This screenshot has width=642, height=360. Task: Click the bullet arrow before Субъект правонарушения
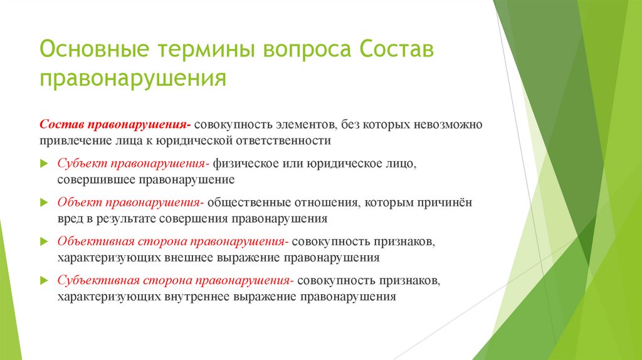click(43, 164)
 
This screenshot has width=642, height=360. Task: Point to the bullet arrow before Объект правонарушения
click(43, 203)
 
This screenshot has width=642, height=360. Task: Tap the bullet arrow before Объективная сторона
click(43, 241)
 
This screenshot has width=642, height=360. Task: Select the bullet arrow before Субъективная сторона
click(43, 280)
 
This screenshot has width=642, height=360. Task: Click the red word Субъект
click(82, 164)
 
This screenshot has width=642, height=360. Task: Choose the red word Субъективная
click(97, 280)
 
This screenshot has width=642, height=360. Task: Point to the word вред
click(70, 219)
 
